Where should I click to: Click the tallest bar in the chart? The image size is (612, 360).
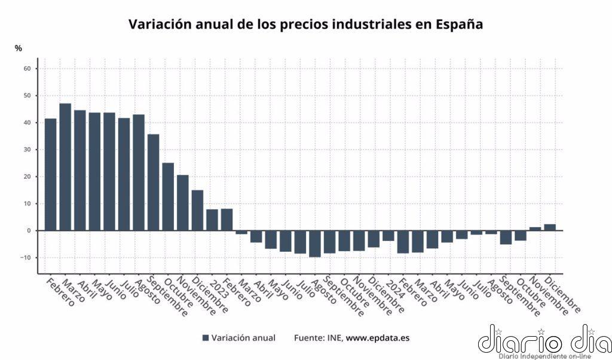tap(65, 167)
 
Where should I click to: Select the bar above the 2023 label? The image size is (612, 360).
tap(212, 219)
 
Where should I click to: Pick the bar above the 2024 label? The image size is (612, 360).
tap(388, 236)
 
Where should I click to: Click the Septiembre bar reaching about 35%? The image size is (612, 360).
tap(154, 182)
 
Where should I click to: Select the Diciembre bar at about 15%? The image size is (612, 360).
tap(197, 210)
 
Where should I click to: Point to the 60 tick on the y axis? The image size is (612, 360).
tap(27, 69)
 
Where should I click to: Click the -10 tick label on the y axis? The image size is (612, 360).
tap(26, 258)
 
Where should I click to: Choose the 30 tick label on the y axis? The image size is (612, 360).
tap(27, 150)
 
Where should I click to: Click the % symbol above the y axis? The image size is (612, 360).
tap(18, 48)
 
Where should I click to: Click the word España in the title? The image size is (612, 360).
tap(457, 25)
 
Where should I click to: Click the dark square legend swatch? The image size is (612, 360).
tap(206, 338)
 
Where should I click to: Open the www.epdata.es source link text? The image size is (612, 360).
tap(378, 338)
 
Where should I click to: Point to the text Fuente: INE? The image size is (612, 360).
tap(318, 338)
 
